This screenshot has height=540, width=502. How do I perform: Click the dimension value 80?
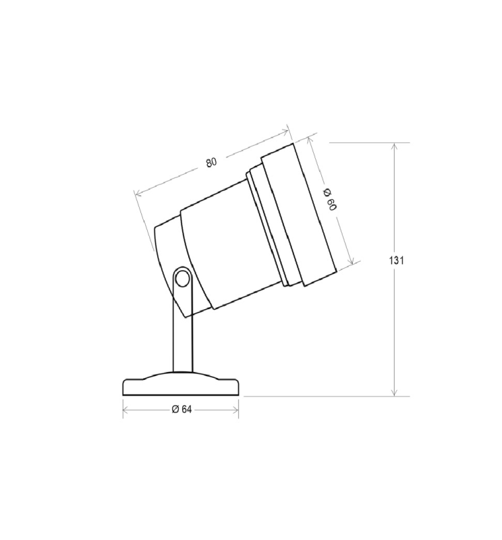pyautogui.click(x=211, y=162)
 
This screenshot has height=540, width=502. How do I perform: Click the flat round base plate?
pyautogui.click(x=181, y=386)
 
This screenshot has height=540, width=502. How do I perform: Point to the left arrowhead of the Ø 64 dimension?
pyautogui.click(x=126, y=409)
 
